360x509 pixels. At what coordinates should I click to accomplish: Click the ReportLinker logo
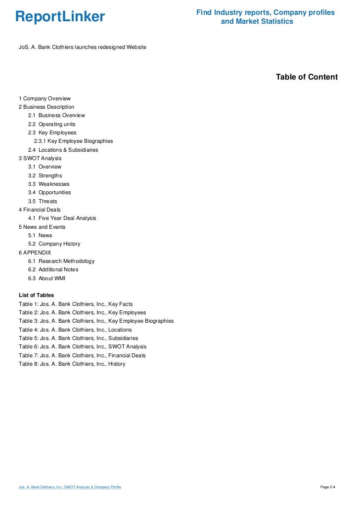tap(60, 17)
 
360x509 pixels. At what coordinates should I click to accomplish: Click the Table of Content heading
tap(307, 77)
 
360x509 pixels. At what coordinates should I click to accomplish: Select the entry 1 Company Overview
tap(45, 98)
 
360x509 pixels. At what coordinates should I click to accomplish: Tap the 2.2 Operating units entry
tap(51, 124)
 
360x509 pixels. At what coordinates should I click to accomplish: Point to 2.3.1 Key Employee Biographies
tap(73, 141)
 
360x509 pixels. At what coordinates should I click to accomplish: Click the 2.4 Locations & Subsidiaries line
tap(63, 150)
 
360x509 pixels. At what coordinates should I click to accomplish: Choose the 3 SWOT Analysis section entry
tap(40, 158)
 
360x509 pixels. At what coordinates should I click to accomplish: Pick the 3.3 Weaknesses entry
tap(48, 184)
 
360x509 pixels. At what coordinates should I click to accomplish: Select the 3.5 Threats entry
tap(43, 201)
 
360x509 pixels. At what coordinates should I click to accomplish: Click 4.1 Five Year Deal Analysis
tap(62, 218)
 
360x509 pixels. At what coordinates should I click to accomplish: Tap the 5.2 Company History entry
tap(54, 244)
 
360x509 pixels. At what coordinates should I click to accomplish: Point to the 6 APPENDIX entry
tap(35, 253)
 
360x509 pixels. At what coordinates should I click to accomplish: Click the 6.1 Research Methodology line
tap(61, 261)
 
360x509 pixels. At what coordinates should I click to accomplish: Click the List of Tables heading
tap(36, 295)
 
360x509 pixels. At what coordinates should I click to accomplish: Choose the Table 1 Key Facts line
tap(76, 304)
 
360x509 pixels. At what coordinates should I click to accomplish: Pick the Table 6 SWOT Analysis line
tap(83, 346)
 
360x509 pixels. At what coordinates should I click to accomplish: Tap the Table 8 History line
tap(72, 364)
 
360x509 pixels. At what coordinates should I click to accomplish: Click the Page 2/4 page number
tap(328, 487)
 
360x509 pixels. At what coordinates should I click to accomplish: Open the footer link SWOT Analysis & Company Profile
tap(70, 487)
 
